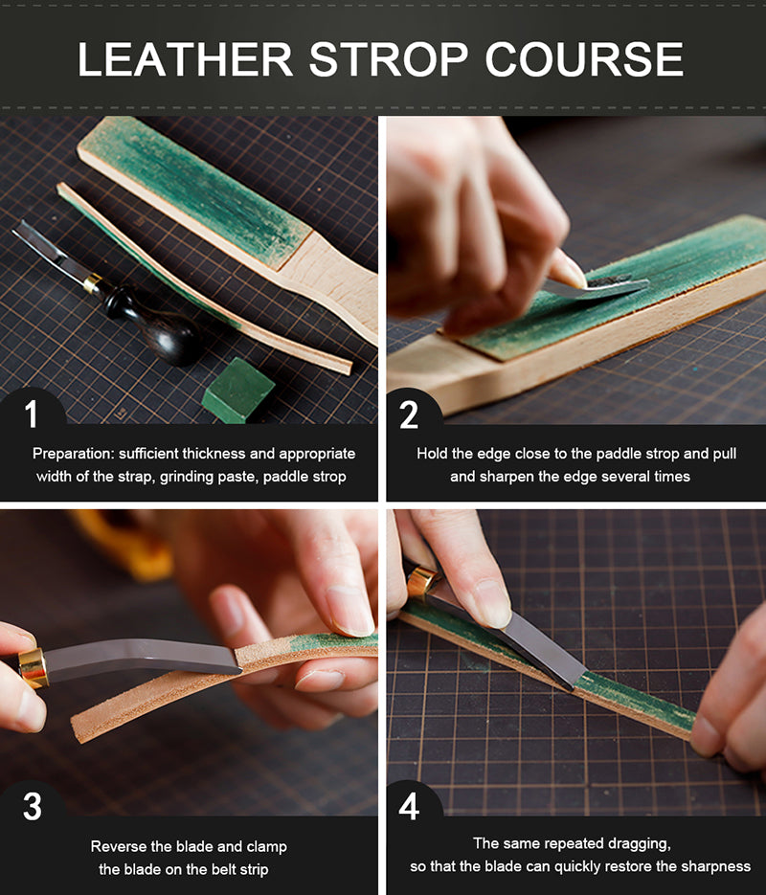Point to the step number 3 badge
tap(32, 806)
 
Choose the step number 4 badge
tap(410, 806)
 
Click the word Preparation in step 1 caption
tap(74, 454)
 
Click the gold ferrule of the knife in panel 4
tap(420, 581)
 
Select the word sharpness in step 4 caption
tap(714, 866)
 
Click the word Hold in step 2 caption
tap(432, 454)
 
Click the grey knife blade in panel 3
tap(144, 660)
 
